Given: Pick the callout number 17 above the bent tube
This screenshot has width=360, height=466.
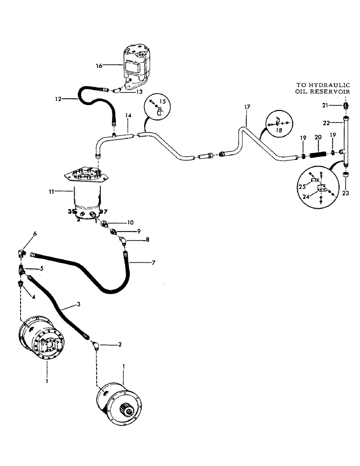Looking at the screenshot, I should coord(247,107).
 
